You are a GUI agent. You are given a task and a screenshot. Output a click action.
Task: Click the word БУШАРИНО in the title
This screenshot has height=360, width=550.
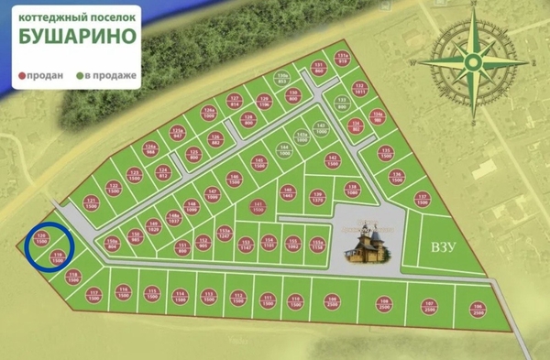[79, 38]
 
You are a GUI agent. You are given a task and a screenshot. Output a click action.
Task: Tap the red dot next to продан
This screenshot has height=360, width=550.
[23, 76]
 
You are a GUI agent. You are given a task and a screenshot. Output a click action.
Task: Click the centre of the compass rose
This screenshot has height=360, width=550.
[472, 62]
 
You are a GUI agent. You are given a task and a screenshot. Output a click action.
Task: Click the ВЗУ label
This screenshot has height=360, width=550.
[444, 247]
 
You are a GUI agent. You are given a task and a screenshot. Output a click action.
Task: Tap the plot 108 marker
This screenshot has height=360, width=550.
[385, 305]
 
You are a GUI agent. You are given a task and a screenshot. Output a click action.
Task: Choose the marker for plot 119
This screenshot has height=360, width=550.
[58, 257]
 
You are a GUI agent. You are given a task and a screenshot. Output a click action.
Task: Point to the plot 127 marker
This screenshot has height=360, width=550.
[234, 101]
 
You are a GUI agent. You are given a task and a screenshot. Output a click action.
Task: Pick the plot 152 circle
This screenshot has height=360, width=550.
[136, 236]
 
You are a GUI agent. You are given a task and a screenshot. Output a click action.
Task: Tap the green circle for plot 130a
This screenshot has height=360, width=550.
[283, 78]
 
